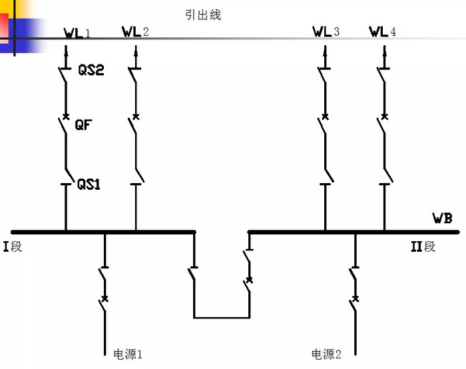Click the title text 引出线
(x=204, y=15)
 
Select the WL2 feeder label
(x=136, y=31)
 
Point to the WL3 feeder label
(x=326, y=31)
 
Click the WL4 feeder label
(x=383, y=31)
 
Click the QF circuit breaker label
(x=84, y=124)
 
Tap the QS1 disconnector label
(x=89, y=184)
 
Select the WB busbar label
(x=442, y=218)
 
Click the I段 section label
(x=13, y=247)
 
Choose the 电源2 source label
(x=326, y=354)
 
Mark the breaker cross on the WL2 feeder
(x=136, y=117)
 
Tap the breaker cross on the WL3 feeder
(x=325, y=117)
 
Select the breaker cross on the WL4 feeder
(x=383, y=117)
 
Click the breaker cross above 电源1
(x=105, y=297)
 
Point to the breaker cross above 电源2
(x=355, y=298)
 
